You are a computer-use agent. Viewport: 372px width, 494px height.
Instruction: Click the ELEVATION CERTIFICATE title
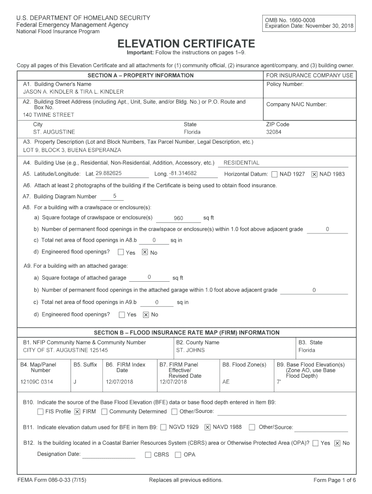(186, 43)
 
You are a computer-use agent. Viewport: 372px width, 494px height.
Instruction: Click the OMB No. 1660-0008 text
(289, 20)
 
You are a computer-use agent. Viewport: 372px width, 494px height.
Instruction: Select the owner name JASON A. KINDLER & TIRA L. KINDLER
(73, 92)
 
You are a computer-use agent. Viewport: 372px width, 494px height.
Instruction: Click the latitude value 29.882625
(109, 173)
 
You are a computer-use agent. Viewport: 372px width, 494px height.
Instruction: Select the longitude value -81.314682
(183, 173)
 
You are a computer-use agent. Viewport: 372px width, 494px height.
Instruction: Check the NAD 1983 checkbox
(314, 174)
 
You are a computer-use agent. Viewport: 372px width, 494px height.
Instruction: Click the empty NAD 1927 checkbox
(274, 174)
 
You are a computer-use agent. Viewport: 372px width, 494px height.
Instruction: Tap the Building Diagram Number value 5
(114, 196)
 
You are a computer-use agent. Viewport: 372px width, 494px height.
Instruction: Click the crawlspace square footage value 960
(178, 218)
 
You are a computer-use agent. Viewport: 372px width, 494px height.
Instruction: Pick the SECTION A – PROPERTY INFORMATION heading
(141, 75)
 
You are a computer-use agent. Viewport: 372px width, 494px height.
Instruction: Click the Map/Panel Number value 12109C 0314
(37, 382)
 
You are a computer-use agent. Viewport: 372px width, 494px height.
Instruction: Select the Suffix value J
(75, 382)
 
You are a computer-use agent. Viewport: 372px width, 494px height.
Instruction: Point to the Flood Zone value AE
(226, 382)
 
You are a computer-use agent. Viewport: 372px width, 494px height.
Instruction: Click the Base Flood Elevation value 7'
(278, 382)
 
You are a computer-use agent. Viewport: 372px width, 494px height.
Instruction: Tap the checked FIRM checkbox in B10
(77, 412)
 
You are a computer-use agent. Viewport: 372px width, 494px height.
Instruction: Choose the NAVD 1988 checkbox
(208, 427)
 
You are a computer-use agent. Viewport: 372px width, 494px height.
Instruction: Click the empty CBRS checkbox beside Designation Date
(148, 455)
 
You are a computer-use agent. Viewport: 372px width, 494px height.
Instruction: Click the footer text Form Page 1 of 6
(334, 480)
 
